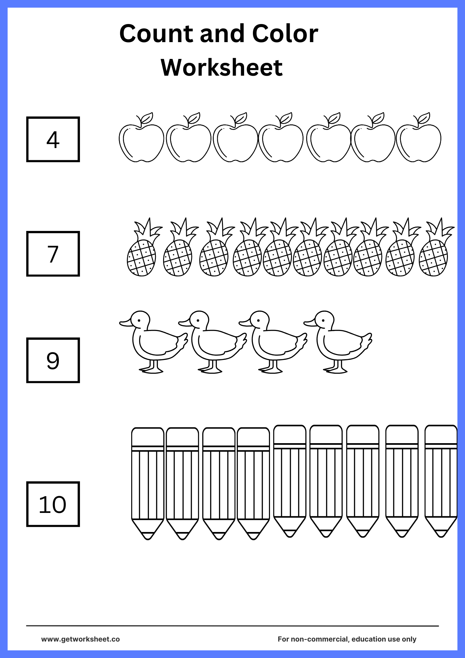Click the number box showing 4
click(53, 139)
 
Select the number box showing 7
click(53, 254)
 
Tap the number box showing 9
click(53, 360)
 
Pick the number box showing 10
click(53, 504)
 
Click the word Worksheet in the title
click(222, 67)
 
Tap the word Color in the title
click(285, 34)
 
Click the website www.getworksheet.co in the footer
click(81, 639)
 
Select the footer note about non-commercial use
click(347, 639)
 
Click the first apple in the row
click(141, 138)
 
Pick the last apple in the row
click(419, 138)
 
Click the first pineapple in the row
click(144, 247)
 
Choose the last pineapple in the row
click(436, 247)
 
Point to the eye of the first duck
click(139, 321)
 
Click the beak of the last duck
click(309, 323)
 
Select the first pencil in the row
click(148, 484)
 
